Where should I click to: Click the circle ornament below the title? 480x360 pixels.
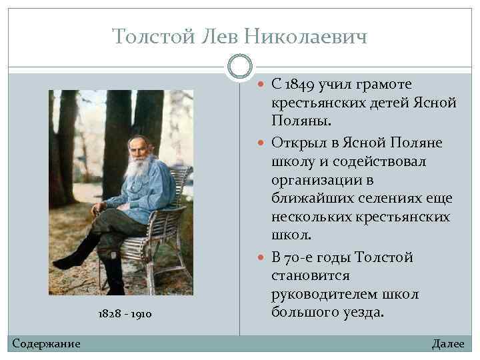[239, 66]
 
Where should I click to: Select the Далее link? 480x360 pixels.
[448, 343]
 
